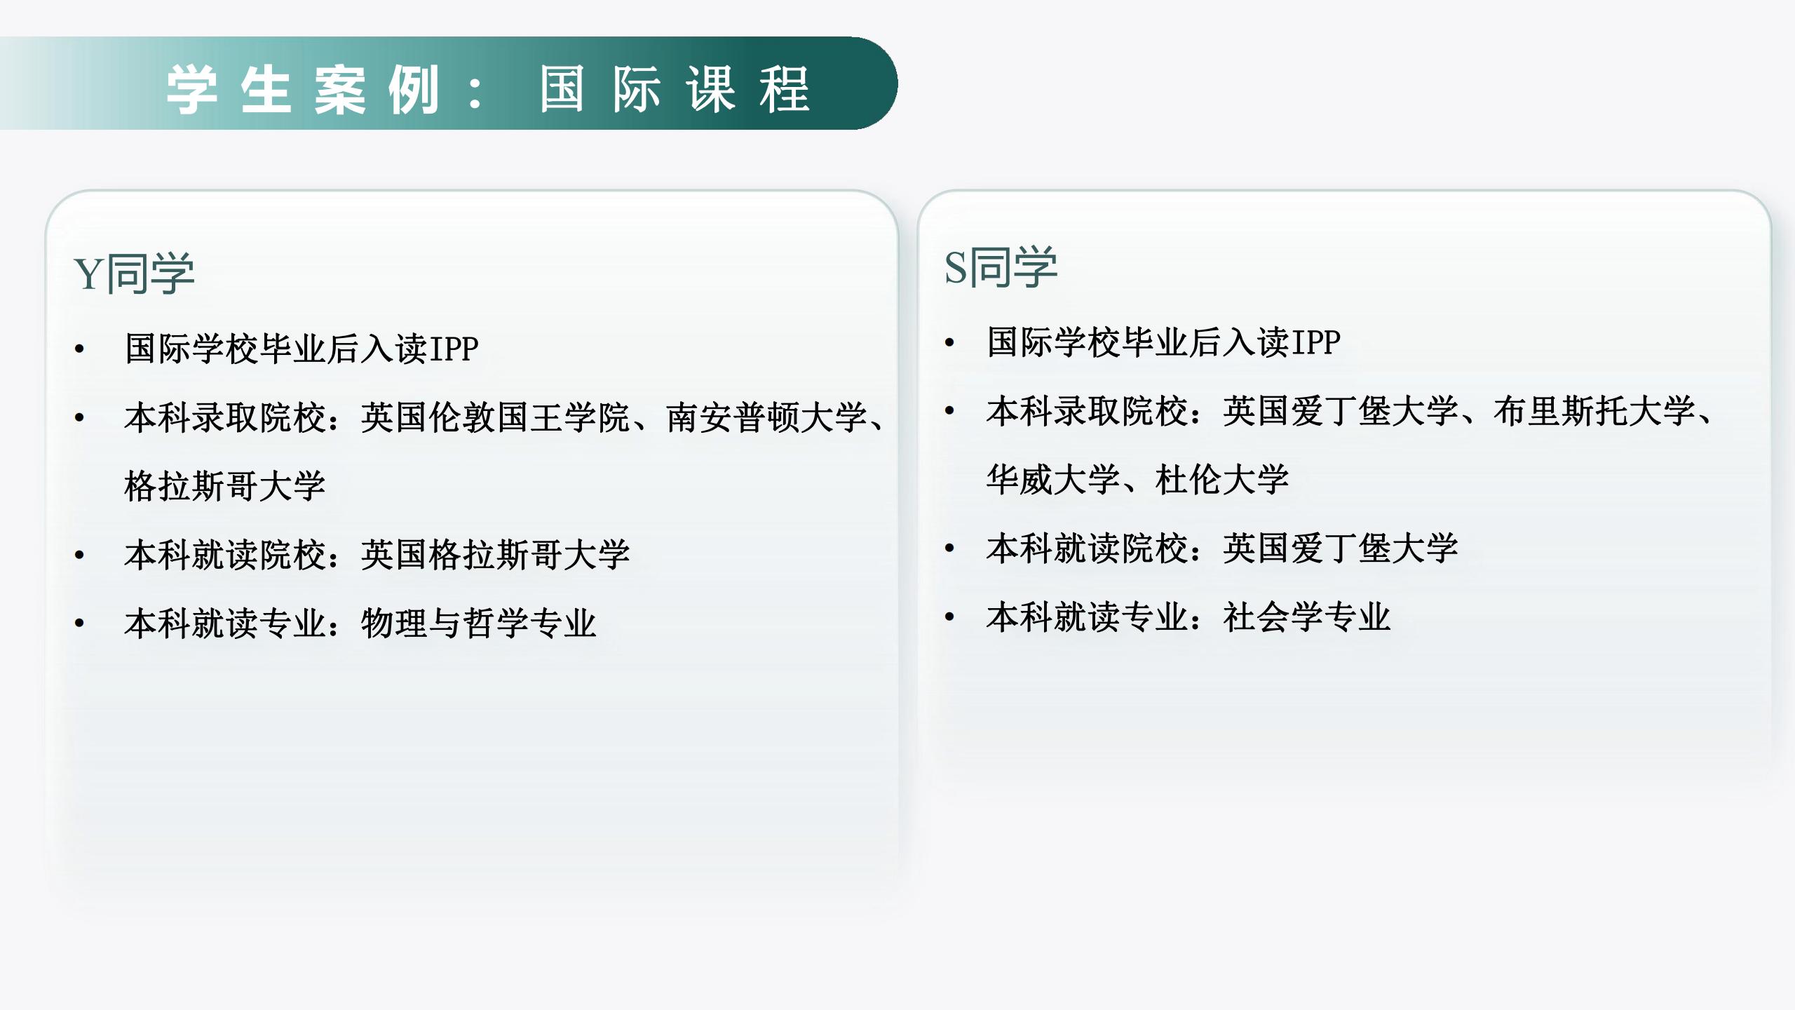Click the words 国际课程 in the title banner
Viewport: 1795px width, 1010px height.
pos(675,89)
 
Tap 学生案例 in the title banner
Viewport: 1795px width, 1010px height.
pos(302,89)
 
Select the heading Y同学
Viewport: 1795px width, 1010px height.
pos(134,273)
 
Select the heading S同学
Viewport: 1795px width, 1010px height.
pos(1001,267)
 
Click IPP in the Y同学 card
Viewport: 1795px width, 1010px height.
pos(454,349)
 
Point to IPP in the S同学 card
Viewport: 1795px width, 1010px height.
pos(1315,342)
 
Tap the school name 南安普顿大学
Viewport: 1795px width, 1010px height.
pos(767,417)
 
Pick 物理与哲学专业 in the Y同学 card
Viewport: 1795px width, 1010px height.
pos(478,623)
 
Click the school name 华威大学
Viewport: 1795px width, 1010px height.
pos(1053,480)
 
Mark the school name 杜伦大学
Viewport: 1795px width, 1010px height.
pos(1222,480)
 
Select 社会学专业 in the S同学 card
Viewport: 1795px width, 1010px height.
pos(1307,617)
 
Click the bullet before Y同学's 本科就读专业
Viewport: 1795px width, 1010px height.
pos(80,623)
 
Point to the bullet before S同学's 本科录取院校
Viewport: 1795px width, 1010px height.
pos(950,411)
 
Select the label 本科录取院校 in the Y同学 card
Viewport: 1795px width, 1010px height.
pos(226,417)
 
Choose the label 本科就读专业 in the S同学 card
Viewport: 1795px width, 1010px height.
pos(1088,617)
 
